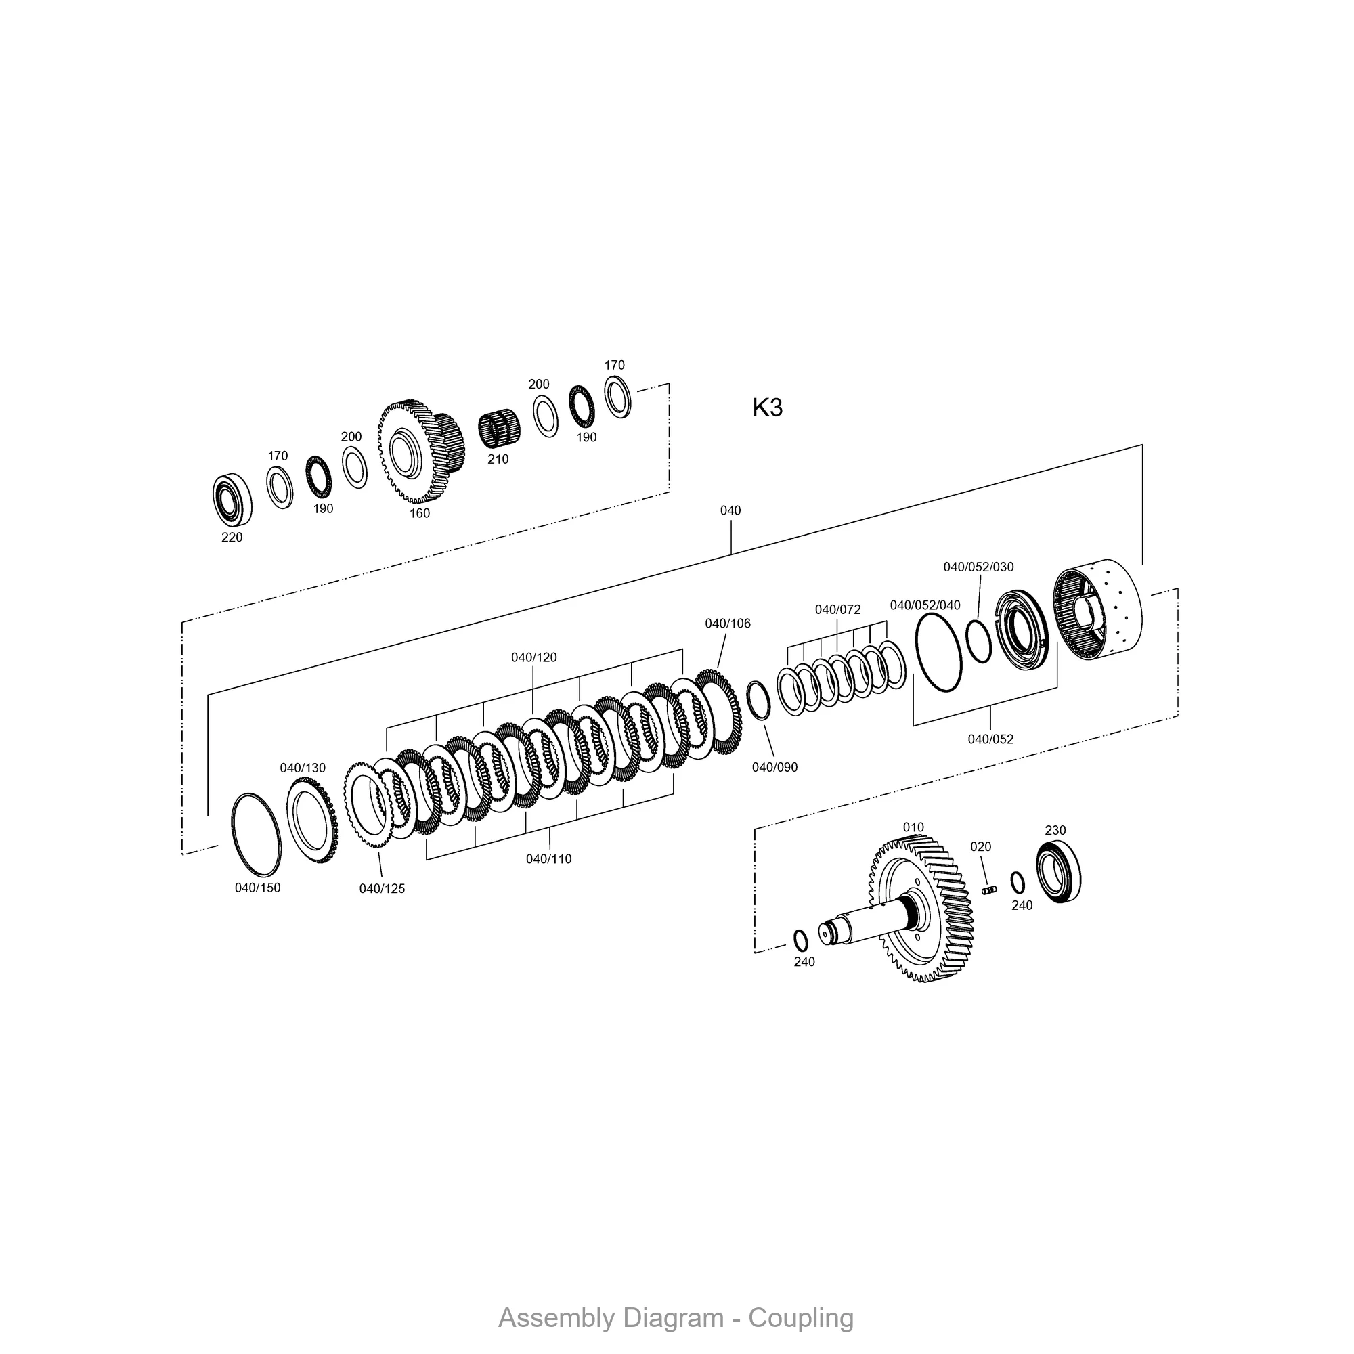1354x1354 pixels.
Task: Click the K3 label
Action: pyautogui.click(x=768, y=407)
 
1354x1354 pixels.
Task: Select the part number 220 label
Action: pyautogui.click(x=232, y=538)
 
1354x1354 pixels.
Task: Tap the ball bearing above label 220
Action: pyautogui.click(x=233, y=500)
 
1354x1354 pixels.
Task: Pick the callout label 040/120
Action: pyautogui.click(x=534, y=657)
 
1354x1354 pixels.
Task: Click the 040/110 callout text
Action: pyautogui.click(x=549, y=859)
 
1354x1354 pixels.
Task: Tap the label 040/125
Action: pyautogui.click(x=382, y=889)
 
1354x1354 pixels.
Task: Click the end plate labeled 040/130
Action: pyautogui.click(x=311, y=820)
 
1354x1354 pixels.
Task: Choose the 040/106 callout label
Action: pyautogui.click(x=728, y=624)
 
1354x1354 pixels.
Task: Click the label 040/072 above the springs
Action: pyautogui.click(x=837, y=610)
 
